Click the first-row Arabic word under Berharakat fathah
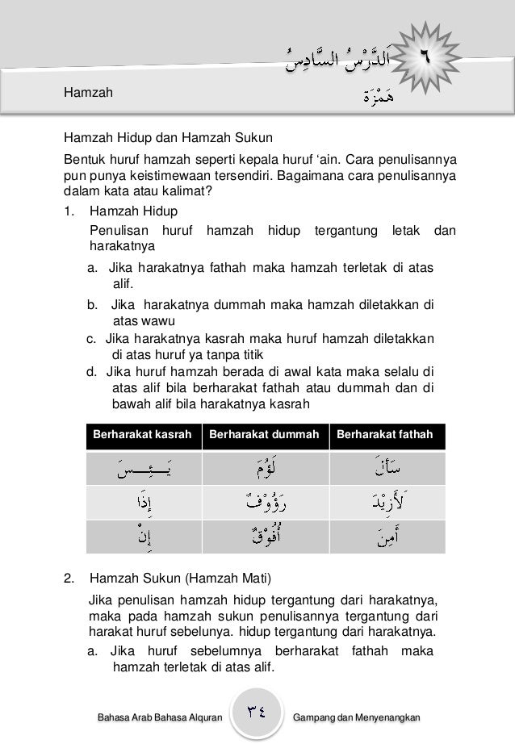[x=385, y=467]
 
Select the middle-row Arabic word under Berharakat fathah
[x=385, y=502]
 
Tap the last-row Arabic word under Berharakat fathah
[x=385, y=537]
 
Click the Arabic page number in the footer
[x=258, y=713]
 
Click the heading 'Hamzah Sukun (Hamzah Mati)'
[x=182, y=579]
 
